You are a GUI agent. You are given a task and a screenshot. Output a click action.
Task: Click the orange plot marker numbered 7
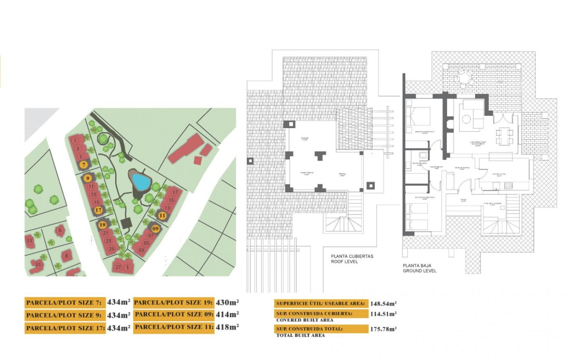point(84,164)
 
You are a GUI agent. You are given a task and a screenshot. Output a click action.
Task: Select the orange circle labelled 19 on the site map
point(102,225)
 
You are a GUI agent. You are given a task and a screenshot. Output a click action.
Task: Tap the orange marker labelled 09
point(155,229)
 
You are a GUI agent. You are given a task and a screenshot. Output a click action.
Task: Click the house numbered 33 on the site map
point(29,241)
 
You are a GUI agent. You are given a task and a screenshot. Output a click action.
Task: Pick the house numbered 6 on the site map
point(60,230)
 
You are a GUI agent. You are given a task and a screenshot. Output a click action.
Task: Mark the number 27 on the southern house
point(118,267)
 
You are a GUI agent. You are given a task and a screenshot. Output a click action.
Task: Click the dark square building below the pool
point(126,223)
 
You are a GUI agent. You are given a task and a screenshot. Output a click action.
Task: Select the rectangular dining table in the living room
point(504,136)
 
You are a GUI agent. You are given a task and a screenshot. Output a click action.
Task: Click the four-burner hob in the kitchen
point(508,185)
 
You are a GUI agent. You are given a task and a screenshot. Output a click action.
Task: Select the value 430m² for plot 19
point(228,302)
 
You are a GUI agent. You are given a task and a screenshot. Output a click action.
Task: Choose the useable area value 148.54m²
point(383,304)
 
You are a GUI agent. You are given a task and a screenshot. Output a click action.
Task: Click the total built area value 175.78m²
point(383,329)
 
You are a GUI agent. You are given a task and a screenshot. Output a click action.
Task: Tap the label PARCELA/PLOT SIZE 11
point(173,327)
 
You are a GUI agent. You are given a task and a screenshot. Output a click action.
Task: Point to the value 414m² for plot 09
point(228,315)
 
